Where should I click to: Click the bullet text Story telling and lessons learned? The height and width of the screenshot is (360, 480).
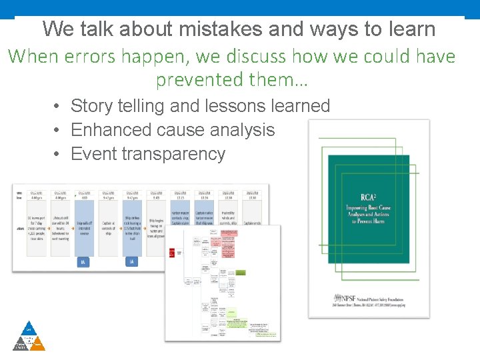click(200, 106)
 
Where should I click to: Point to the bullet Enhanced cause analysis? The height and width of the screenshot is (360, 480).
click(173, 129)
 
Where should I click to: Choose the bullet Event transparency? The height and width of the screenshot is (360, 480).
click(148, 154)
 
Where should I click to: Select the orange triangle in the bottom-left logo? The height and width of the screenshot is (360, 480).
click(38, 344)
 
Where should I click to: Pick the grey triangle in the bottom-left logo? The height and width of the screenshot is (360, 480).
click(20, 344)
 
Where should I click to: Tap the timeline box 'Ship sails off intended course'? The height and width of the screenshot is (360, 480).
click(84, 225)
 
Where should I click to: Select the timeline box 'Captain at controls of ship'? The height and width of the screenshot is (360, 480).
click(108, 225)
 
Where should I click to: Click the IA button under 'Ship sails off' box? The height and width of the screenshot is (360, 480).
click(84, 262)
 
